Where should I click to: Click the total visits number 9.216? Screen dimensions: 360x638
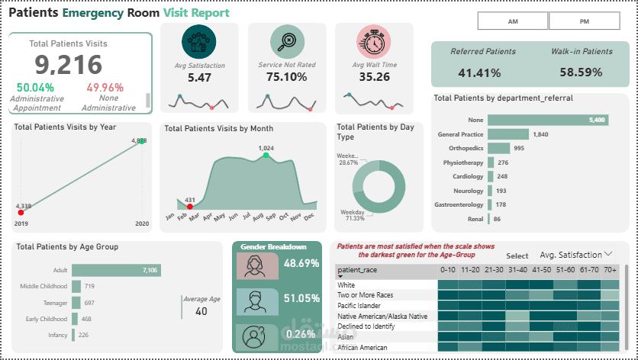pyautogui.click(x=68, y=66)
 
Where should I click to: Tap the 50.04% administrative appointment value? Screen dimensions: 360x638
pyautogui.click(x=35, y=88)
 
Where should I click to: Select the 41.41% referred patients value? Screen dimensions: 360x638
pyautogui.click(x=479, y=73)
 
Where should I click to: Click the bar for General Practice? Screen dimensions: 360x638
pyautogui.click(x=507, y=134)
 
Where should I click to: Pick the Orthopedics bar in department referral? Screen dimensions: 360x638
pyautogui.click(x=499, y=148)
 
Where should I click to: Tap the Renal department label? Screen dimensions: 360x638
pyautogui.click(x=475, y=219)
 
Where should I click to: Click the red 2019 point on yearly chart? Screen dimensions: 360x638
pyautogui.click(x=21, y=212)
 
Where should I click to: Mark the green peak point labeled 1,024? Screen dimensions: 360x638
pyautogui.click(x=266, y=155)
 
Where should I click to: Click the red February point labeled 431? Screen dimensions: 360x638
pyautogui.click(x=189, y=206)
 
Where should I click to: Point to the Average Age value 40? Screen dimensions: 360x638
pyautogui.click(x=201, y=311)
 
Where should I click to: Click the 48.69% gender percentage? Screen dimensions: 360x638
pyautogui.click(x=299, y=263)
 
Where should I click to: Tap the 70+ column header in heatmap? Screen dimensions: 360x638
pyautogui.click(x=610, y=270)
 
